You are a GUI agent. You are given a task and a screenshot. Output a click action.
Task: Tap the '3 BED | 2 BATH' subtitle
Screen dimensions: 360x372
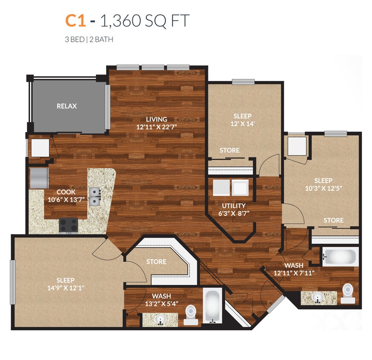pyautogui.click(x=89, y=40)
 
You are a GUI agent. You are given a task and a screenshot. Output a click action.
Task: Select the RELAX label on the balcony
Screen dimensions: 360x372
pyautogui.click(x=67, y=106)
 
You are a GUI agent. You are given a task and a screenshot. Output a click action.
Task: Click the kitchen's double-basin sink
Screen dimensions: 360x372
pyautogui.click(x=95, y=197)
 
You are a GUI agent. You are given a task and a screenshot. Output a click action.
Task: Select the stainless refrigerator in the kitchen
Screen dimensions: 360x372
pyautogui.click(x=39, y=177)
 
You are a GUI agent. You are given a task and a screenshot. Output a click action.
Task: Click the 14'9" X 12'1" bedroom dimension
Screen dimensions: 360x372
pyautogui.click(x=66, y=288)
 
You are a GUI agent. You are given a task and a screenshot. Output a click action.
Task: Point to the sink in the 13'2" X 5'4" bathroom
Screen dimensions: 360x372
pyautogui.click(x=161, y=319)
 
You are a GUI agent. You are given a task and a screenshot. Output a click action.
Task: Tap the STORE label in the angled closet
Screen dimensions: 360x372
pyautogui.click(x=156, y=261)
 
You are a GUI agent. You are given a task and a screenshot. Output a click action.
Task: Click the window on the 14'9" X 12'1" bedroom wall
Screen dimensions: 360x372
pyautogui.click(x=13, y=282)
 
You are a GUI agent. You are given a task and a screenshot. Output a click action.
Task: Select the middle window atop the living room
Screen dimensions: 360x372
pyautogui.click(x=153, y=67)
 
